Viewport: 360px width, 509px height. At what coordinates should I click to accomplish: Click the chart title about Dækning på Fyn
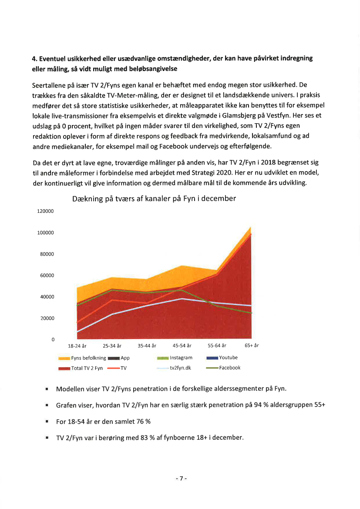(154, 199)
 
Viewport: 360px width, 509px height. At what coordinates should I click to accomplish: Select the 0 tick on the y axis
(53, 339)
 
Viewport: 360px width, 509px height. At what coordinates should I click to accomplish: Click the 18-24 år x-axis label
(77, 346)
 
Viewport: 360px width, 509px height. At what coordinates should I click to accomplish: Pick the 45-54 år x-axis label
(182, 346)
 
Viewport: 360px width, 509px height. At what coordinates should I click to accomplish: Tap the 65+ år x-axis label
(252, 346)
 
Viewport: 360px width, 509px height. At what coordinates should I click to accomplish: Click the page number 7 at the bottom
(180, 479)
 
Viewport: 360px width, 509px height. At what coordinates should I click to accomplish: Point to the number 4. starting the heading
(35, 58)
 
